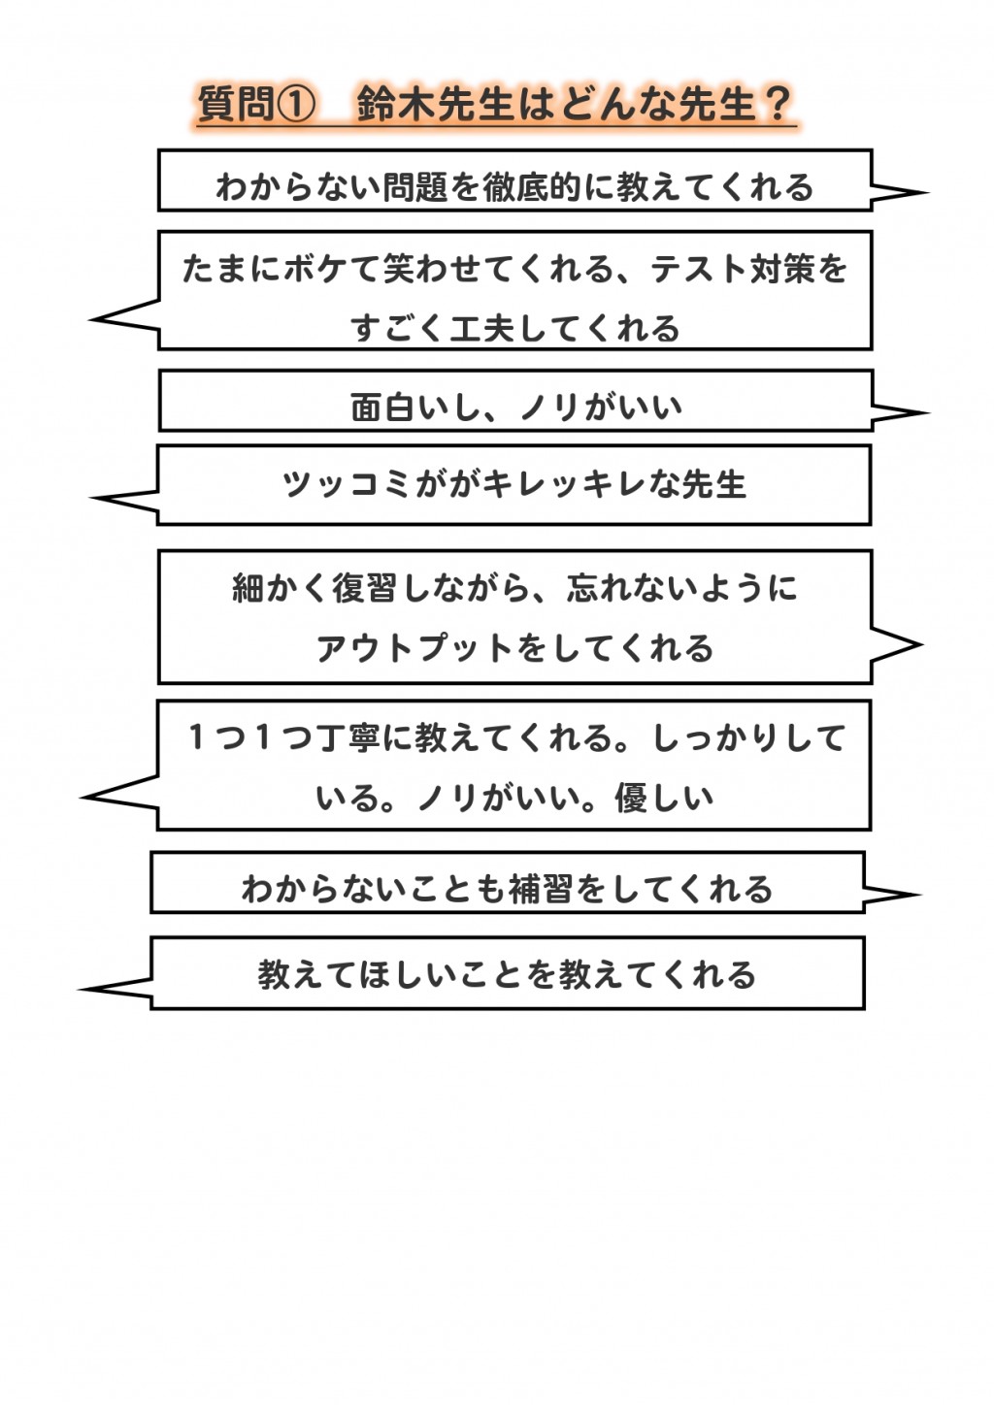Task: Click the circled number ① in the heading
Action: click(295, 104)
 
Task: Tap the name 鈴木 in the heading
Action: click(396, 104)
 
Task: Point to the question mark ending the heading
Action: click(776, 104)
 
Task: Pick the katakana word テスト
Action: click(693, 269)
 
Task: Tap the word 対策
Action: click(780, 269)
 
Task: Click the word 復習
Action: click(365, 588)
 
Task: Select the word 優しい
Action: click(665, 798)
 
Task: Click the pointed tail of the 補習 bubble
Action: click(920, 895)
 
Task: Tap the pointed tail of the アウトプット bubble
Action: click(921, 645)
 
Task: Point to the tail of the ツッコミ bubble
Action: click(91, 499)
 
